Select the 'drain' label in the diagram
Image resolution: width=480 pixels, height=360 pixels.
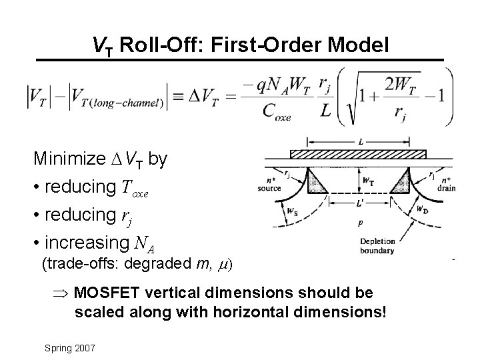coord(447,188)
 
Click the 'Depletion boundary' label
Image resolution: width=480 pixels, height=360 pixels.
coord(377,247)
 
